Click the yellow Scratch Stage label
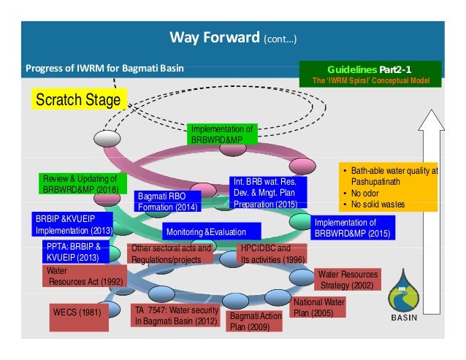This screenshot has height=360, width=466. [x=79, y=99]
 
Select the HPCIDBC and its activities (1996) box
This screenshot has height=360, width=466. [x=272, y=253]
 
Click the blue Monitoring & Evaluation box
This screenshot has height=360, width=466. [x=205, y=231]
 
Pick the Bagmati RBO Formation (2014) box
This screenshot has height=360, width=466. [x=168, y=201]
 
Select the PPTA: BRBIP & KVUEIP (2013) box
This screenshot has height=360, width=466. [x=75, y=252]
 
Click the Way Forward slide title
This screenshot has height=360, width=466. [x=232, y=37]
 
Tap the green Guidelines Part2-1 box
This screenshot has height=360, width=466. [x=371, y=74]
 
